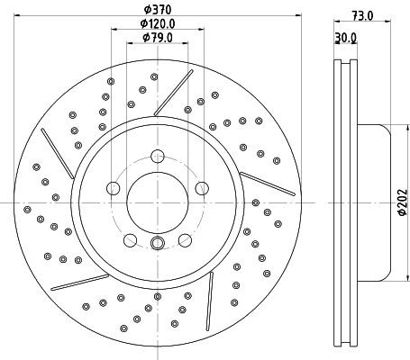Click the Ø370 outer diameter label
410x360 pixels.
coord(158,10)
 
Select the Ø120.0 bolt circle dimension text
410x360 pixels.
coord(158,23)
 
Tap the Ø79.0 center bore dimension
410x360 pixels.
coord(158,38)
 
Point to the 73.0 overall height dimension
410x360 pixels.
coord(362,15)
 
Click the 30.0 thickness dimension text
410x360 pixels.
coord(345,38)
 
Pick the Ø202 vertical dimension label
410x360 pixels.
coord(403,202)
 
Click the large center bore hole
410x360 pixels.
coord(158,202)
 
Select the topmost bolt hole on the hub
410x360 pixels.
coord(158,156)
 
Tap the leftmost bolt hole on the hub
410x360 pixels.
coord(114,188)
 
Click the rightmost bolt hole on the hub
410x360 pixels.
coord(202,188)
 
